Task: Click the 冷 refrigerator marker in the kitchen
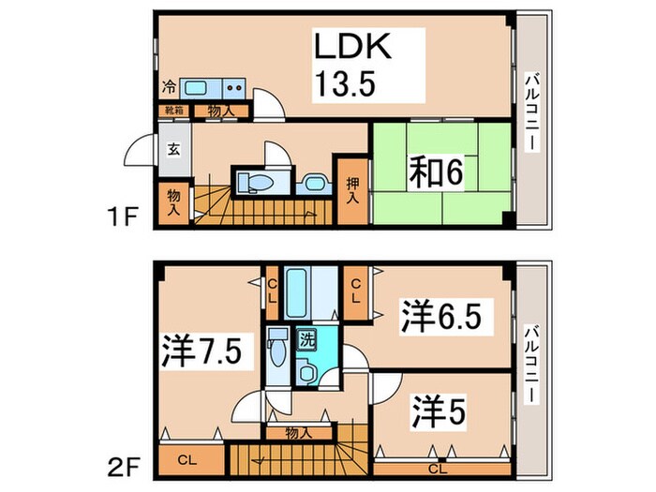click(x=168, y=88)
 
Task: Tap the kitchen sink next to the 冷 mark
click(x=198, y=89)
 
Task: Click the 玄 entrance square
click(x=174, y=148)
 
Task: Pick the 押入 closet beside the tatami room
click(x=352, y=192)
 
